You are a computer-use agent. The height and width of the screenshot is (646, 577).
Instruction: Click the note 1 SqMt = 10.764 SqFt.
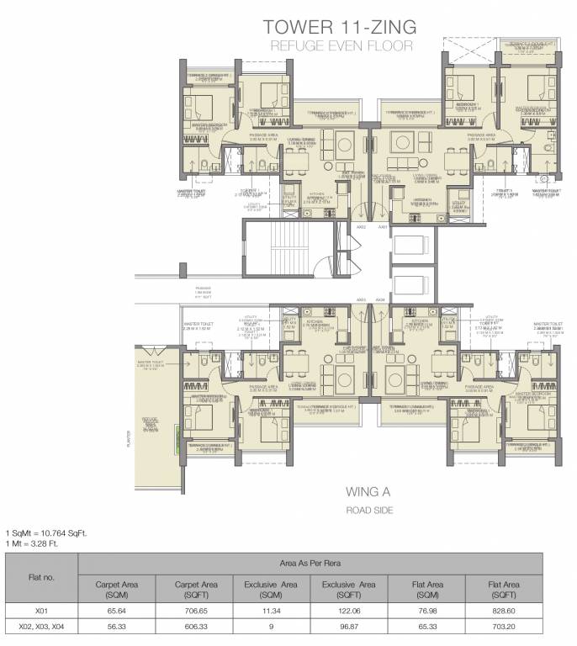coord(47,532)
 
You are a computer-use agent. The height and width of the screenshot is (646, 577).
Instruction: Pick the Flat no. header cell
coord(41,576)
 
